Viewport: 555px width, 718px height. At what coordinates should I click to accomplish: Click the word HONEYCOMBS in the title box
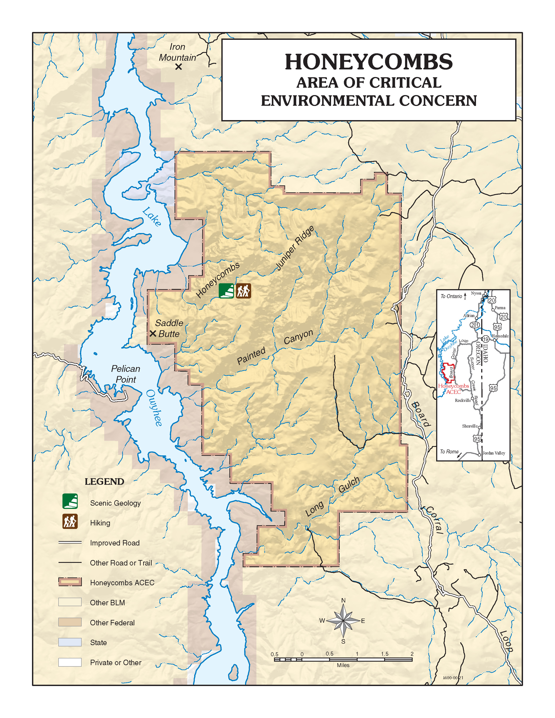[x=368, y=62]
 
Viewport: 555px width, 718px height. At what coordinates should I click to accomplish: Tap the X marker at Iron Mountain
[x=178, y=67]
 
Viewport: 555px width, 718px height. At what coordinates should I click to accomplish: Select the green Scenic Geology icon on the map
[x=226, y=291]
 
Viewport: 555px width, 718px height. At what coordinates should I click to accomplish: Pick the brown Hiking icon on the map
[x=244, y=291]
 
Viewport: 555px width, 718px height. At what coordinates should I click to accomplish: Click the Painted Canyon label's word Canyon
[x=298, y=337]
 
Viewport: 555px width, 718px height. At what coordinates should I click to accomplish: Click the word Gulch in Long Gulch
[x=349, y=485]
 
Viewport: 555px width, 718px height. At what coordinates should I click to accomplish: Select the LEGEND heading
[x=104, y=482]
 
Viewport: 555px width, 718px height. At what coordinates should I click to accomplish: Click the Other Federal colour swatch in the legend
[x=70, y=622]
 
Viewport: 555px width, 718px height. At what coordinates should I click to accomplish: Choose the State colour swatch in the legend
[x=70, y=642]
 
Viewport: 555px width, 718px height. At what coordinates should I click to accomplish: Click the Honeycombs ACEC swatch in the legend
[x=70, y=582]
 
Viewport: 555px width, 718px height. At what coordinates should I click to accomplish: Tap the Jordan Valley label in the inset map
[x=494, y=453]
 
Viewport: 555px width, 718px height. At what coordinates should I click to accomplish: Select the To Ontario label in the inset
[x=451, y=296]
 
